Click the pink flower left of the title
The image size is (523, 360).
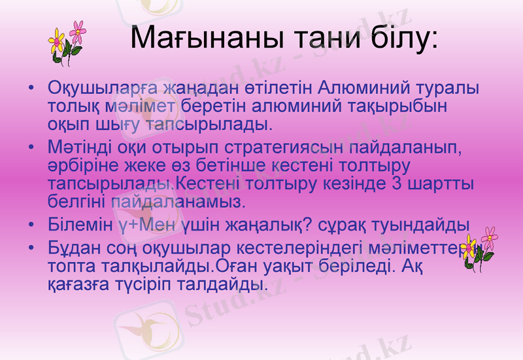[78, 29]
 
